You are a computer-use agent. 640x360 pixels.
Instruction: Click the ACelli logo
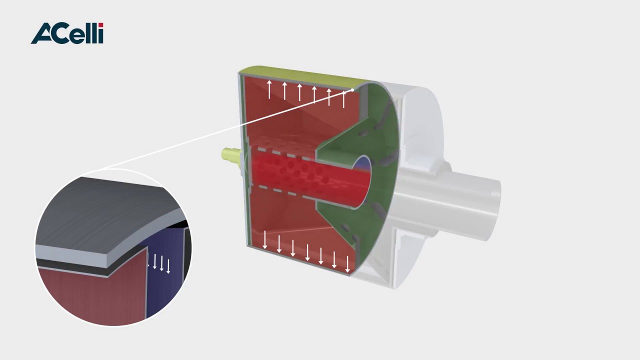pyautogui.click(x=67, y=33)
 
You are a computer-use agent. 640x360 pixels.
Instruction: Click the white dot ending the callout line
pyautogui.click(x=353, y=89)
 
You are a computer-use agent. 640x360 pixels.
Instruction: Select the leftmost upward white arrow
pyautogui.click(x=269, y=89)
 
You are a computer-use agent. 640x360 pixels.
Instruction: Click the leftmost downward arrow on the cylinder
pyautogui.click(x=265, y=239)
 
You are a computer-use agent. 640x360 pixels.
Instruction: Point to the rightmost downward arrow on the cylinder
pyautogui.click(x=347, y=264)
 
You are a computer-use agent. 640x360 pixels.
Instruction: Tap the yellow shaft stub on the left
pyautogui.click(x=231, y=156)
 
